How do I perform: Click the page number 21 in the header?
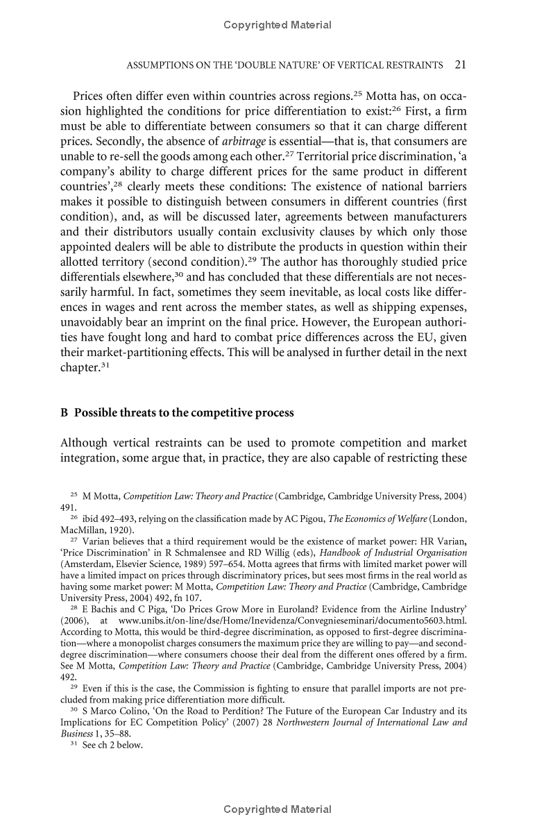click(x=460, y=65)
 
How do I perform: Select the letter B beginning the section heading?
click(x=65, y=412)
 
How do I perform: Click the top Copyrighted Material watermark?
click(x=277, y=25)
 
